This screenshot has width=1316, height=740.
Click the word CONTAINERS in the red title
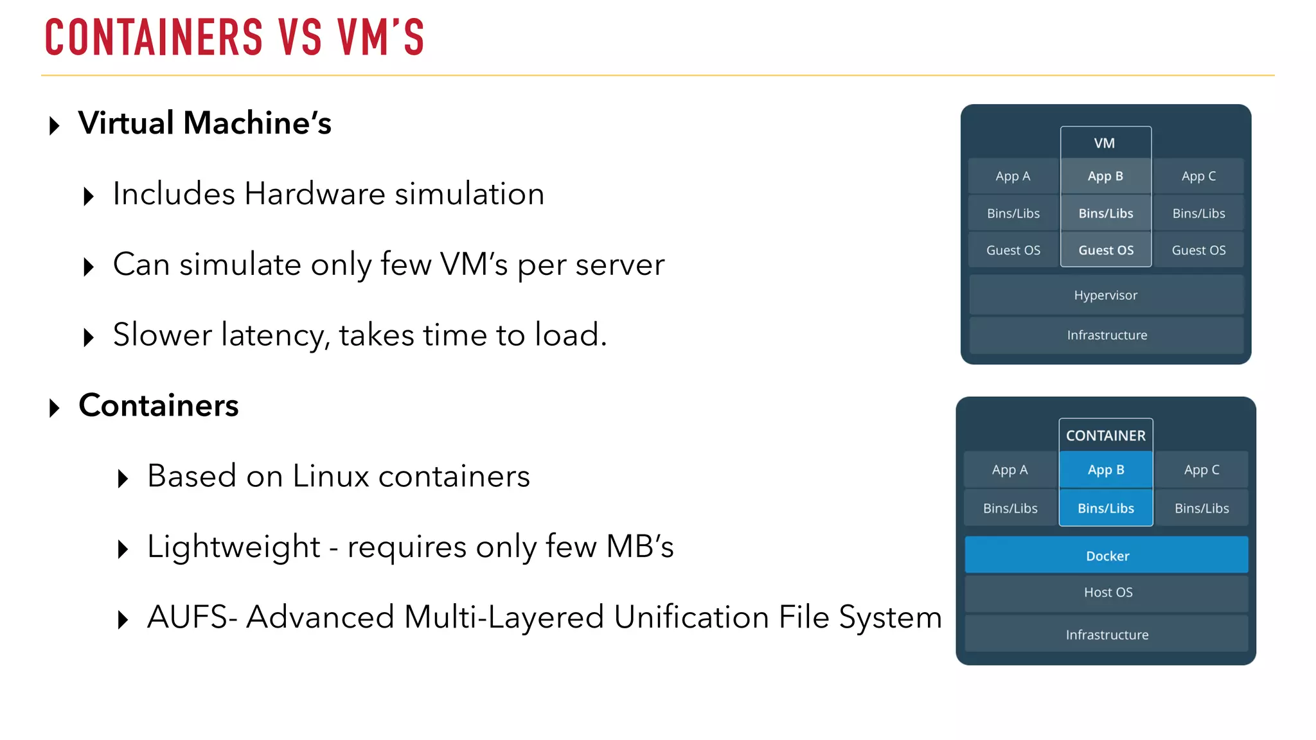154,37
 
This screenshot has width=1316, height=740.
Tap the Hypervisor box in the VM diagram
1105,295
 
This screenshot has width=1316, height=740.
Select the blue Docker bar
1107,556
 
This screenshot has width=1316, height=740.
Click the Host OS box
1107,592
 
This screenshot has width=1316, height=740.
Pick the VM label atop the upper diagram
1105,143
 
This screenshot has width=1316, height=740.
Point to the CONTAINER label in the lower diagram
1105,436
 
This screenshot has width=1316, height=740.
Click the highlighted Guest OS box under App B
1105,250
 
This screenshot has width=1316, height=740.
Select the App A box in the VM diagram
1013,176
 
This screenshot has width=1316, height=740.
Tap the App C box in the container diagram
1201,470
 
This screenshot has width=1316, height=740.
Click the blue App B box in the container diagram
1105,470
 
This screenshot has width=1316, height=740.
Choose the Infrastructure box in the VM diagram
1107,335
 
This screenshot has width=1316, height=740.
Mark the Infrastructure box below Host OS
1107,635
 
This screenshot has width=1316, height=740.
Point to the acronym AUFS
187,617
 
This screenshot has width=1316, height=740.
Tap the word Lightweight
233,547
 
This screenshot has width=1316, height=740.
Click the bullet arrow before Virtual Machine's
55,125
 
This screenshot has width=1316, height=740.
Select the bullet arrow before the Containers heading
55,408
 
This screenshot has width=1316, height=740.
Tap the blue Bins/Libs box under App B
1105,508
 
